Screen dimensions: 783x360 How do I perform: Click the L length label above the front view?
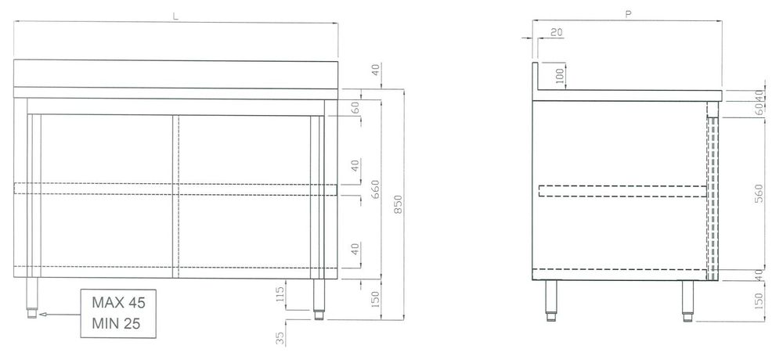[x=175, y=16]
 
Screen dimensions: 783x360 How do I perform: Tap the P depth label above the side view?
[x=628, y=15]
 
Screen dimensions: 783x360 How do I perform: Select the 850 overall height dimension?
[x=398, y=204]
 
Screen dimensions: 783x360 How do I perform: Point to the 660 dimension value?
[x=376, y=189]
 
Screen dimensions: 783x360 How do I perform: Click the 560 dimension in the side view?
[x=759, y=194]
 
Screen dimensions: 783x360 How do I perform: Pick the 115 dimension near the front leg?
[x=280, y=292]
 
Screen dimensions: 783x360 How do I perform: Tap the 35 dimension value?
[x=280, y=339]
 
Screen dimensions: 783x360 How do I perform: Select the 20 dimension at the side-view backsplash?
[x=556, y=32]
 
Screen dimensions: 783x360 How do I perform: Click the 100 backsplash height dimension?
[x=559, y=75]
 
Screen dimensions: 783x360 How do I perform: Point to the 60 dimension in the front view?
[x=355, y=108]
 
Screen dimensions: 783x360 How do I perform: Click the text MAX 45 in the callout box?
[x=118, y=303]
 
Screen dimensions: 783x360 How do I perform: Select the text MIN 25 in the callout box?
[x=116, y=323]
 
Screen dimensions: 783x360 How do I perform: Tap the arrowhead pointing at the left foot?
[x=42, y=315]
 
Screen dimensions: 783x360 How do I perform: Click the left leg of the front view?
[x=32, y=297]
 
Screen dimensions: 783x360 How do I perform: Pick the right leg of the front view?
[x=319, y=298]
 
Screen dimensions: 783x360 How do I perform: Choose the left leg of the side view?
[x=550, y=301]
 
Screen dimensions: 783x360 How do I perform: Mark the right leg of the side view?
[x=688, y=301]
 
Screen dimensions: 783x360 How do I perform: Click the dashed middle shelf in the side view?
[x=622, y=191]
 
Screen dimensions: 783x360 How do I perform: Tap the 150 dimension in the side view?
[x=759, y=300]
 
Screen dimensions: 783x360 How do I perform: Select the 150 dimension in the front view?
[x=376, y=299]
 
